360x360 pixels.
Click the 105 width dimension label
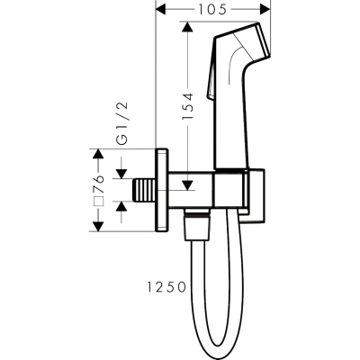click(212, 11)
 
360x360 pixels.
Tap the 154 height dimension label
click(187, 106)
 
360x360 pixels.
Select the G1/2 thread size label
click(122, 124)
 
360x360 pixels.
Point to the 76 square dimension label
click(99, 184)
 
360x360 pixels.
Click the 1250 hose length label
click(166, 288)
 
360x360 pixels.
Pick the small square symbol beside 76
click(97, 201)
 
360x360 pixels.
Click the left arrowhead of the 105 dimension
click(162, 11)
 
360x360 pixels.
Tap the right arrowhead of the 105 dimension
click(265, 11)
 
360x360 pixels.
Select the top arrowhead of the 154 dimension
click(187, 27)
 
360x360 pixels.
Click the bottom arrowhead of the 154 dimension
click(187, 184)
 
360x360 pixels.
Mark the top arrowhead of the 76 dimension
click(98, 154)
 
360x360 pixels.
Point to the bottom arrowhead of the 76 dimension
click(98, 226)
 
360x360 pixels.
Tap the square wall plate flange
click(162, 190)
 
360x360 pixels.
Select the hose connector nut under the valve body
click(198, 227)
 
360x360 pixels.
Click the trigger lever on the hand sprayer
click(211, 69)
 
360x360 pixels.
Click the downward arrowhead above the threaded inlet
click(121, 173)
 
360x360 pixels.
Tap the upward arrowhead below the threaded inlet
click(121, 206)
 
